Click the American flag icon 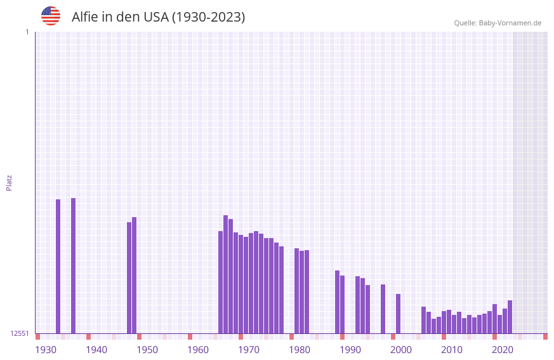tap(51, 16)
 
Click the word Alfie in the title tap(84, 17)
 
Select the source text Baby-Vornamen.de tap(510, 23)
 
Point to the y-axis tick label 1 tap(27, 32)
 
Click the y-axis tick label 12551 tap(20, 333)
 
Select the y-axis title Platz tap(9, 182)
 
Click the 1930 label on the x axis tap(46, 350)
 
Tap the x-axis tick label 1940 tap(96, 350)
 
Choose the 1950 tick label tap(147, 350)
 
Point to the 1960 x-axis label tap(198, 350)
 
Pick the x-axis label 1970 tap(249, 350)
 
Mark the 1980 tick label tap(300, 350)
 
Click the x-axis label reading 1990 tap(350, 350)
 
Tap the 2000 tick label tap(401, 350)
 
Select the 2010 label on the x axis tap(452, 350)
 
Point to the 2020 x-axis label tap(503, 350)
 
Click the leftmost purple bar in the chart tap(58, 267)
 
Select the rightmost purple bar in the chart tap(510, 317)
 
